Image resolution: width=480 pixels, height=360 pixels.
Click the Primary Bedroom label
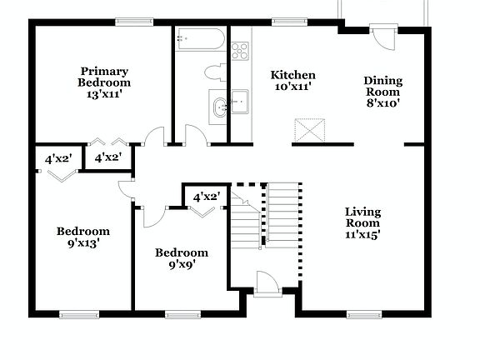[x=104, y=77]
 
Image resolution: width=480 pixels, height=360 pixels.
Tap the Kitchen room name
[x=293, y=75]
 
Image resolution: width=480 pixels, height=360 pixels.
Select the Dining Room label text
[x=382, y=86]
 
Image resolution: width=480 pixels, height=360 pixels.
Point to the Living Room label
[x=362, y=217]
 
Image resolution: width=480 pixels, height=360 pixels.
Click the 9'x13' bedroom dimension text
[x=82, y=244]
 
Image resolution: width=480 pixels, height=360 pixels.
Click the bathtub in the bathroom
[x=200, y=39]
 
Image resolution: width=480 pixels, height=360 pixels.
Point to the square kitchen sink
[x=241, y=102]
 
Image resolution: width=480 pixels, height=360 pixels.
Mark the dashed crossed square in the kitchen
[x=308, y=131]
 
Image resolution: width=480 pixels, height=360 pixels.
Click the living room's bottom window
[x=359, y=314]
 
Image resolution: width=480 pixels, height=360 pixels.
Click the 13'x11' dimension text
[x=104, y=94]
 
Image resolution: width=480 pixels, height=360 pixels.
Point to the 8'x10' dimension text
[x=382, y=104]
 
